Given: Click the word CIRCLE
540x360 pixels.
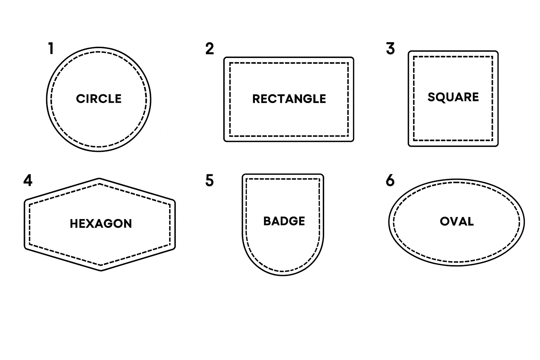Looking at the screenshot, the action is (x=99, y=99).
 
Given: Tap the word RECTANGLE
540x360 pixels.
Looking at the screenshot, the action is (x=289, y=99).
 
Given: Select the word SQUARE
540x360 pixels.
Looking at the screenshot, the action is (x=453, y=97).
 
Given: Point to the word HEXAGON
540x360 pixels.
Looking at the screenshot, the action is (x=101, y=224).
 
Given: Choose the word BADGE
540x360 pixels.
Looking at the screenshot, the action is (x=284, y=221).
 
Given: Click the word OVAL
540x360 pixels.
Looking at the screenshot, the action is (x=457, y=221).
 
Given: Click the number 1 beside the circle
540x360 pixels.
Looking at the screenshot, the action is (x=51, y=48).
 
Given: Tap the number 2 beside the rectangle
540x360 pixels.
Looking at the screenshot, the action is (x=210, y=49).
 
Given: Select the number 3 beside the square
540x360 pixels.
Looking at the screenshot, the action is (x=390, y=49).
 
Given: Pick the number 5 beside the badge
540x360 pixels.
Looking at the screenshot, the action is (x=210, y=180).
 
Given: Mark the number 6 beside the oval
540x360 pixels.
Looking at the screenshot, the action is (x=390, y=180).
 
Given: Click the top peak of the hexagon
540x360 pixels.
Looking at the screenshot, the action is (x=99, y=179).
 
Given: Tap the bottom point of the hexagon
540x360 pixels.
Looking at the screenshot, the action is (x=101, y=271).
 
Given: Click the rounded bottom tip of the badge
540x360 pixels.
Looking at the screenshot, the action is (x=283, y=275).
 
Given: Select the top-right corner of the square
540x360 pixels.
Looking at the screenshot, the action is (x=497, y=52).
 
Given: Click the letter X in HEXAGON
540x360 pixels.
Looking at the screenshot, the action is (x=91, y=224).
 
